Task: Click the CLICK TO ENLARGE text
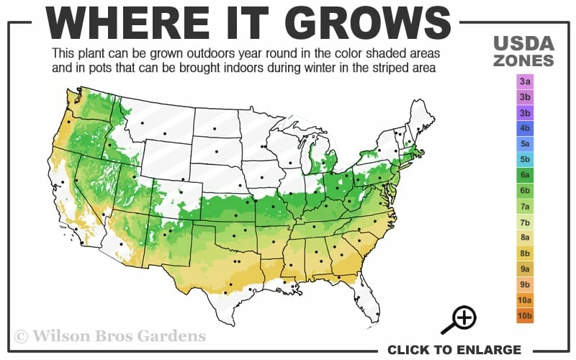(454, 350)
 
